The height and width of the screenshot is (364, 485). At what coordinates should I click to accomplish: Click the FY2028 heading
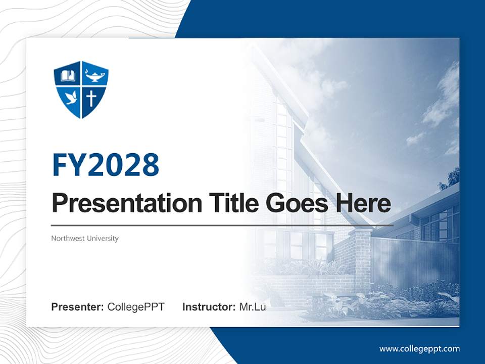pyautogui.click(x=106, y=164)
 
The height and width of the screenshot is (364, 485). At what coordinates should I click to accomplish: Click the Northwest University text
pyautogui.click(x=85, y=238)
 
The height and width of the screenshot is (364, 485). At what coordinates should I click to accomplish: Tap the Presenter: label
pyautogui.click(x=77, y=307)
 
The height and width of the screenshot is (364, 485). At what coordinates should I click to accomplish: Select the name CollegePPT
pyautogui.click(x=136, y=307)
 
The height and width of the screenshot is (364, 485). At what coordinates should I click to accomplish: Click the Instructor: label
pyautogui.click(x=209, y=307)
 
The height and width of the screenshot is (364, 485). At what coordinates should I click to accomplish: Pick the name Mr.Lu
pyautogui.click(x=253, y=307)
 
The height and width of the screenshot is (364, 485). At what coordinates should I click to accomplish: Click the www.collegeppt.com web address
pyautogui.click(x=419, y=348)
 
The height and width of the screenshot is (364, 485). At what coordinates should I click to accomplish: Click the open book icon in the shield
pyautogui.click(x=68, y=76)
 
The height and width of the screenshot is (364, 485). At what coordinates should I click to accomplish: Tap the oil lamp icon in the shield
pyautogui.click(x=94, y=76)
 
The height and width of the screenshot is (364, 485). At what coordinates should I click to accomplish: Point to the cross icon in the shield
pyautogui.click(x=91, y=98)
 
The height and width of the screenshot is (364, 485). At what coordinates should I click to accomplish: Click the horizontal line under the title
pyautogui.click(x=222, y=225)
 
